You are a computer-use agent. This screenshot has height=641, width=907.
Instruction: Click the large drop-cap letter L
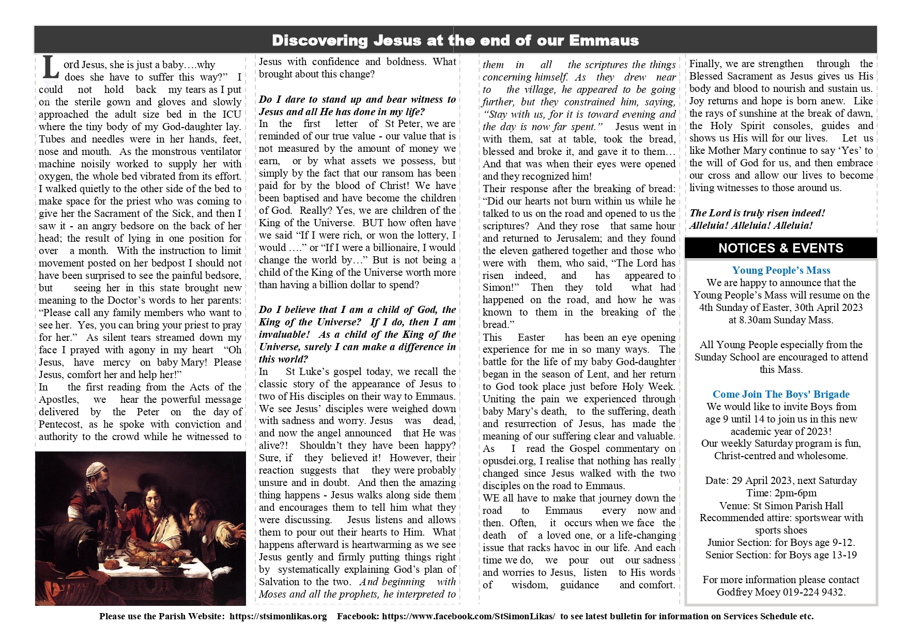click(x=50, y=68)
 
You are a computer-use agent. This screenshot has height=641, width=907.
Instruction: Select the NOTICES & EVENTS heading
click(x=780, y=248)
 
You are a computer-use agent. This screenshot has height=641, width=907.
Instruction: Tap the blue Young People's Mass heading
click(x=781, y=270)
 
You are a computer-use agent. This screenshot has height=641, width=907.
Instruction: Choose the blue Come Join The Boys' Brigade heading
click(x=781, y=394)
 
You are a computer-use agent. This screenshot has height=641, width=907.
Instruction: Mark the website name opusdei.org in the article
click(x=509, y=461)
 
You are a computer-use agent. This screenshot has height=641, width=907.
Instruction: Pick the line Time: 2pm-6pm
click(x=781, y=493)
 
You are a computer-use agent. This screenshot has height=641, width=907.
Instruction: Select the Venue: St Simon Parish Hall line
click(x=781, y=505)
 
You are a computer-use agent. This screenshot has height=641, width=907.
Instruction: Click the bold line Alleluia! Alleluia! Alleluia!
click(x=750, y=225)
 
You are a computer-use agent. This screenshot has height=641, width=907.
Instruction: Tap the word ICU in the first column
click(x=232, y=114)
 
